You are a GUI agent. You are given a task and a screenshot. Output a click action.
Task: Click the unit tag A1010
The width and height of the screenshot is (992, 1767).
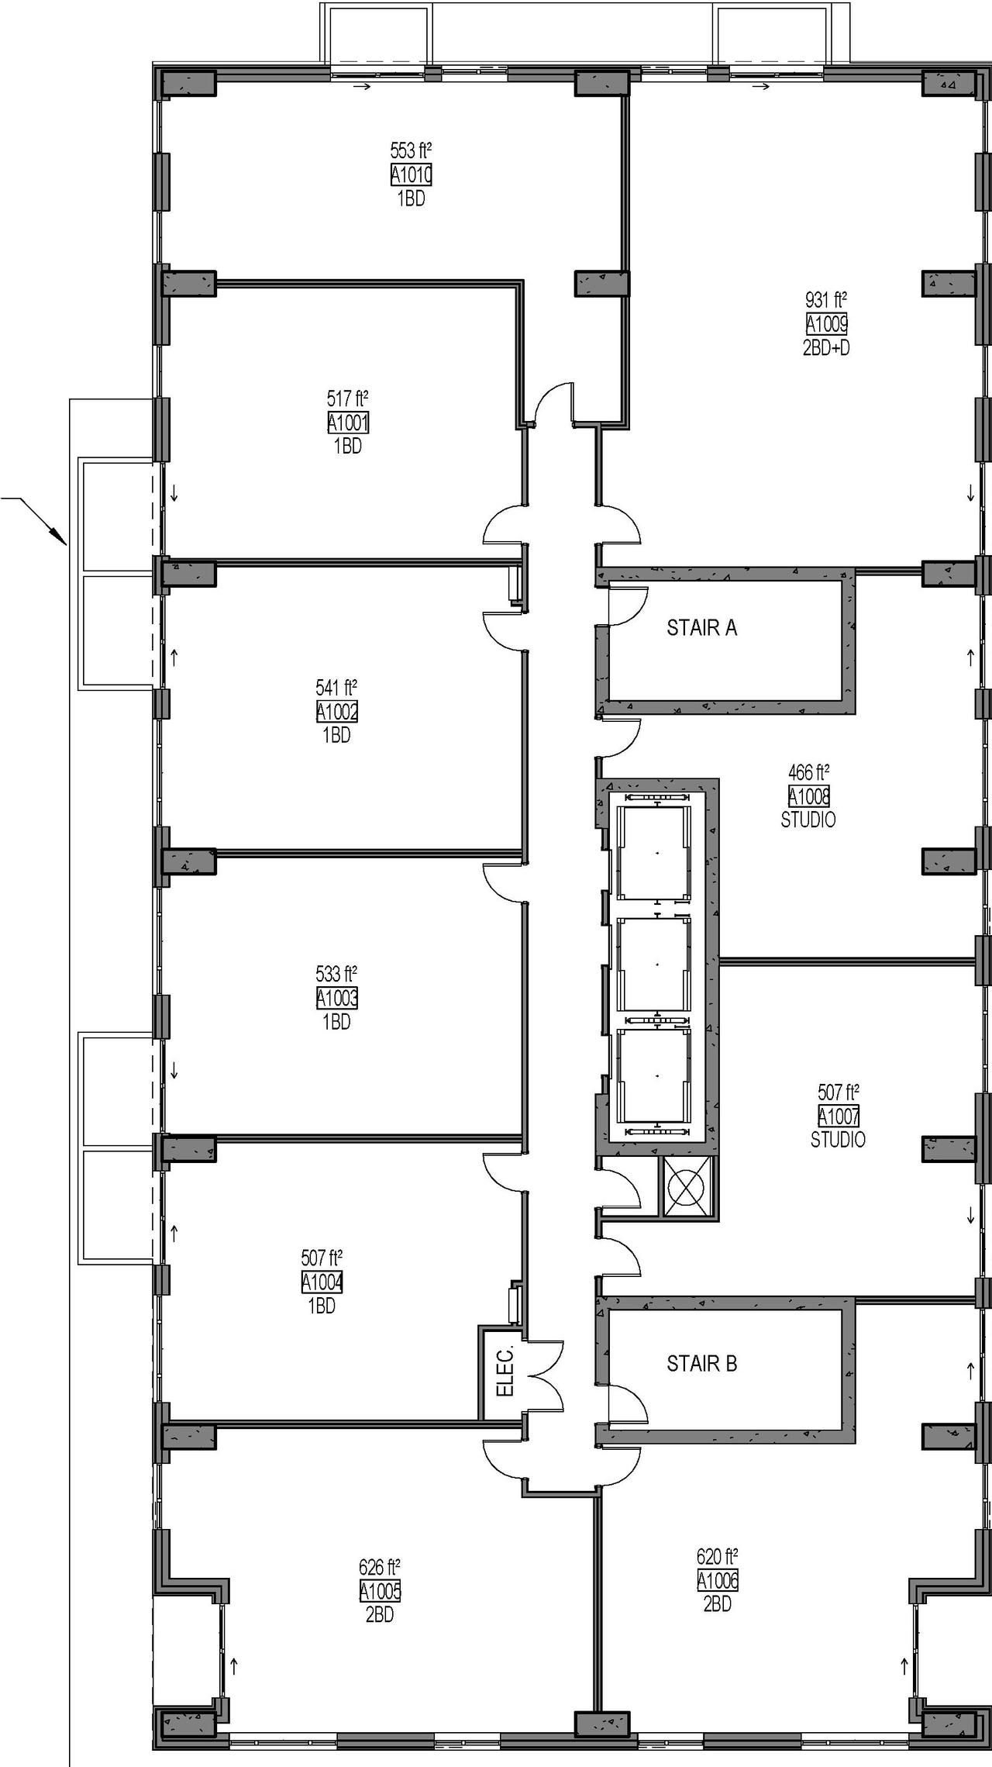411,175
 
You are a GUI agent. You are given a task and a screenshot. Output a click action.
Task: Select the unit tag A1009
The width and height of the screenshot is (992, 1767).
826,323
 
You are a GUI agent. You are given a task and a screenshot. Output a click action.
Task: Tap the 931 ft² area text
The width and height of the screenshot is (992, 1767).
826,300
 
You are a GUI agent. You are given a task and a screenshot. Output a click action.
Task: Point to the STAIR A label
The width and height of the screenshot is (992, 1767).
701,627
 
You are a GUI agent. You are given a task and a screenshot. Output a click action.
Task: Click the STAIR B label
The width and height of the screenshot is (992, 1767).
701,1363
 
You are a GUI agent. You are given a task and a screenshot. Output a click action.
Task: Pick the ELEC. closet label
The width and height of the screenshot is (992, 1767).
505,1372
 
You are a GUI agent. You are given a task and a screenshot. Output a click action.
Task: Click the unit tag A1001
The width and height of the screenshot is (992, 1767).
347,423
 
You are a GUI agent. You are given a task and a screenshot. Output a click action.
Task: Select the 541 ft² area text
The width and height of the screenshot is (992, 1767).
336,688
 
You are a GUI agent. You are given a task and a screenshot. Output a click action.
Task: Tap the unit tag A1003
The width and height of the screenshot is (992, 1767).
336,998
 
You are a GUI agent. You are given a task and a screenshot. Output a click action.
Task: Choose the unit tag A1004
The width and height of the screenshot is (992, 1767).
322,1282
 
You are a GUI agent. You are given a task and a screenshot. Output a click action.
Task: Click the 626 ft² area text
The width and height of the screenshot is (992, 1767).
380,1567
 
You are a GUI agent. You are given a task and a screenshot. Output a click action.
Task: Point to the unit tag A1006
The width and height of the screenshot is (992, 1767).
717,1580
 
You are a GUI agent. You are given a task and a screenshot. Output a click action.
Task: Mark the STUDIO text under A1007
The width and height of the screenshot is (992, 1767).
838,1139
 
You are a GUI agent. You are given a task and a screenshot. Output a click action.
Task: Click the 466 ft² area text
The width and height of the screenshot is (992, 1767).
808,772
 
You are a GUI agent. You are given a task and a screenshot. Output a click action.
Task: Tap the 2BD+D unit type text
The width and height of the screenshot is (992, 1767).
826,347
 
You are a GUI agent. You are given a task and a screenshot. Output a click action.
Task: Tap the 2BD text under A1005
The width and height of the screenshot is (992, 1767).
380,1614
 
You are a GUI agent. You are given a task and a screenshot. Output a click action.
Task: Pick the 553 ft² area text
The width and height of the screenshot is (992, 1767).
411,150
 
